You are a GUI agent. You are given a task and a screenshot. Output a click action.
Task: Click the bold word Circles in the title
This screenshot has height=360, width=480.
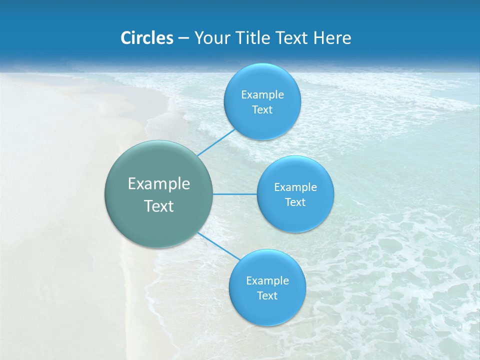[x=146, y=38]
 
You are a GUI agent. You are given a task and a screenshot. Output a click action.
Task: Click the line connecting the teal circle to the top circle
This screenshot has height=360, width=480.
[x=216, y=142]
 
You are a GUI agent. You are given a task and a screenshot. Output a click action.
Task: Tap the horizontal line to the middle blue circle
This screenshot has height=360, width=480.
[x=235, y=194]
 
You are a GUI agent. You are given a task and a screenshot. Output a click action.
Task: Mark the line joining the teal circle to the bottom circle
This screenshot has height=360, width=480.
[x=218, y=245]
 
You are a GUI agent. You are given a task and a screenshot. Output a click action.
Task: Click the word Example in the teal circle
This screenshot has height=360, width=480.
[x=158, y=184]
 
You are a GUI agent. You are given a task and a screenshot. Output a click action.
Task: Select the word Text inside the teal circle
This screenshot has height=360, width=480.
[x=158, y=206]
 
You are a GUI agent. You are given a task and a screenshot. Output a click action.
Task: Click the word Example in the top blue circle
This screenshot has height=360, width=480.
[x=262, y=95]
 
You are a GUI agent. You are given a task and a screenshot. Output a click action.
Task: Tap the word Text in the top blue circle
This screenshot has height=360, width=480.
[x=262, y=110]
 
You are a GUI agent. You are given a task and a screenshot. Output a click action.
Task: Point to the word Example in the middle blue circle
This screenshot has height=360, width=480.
[x=295, y=187]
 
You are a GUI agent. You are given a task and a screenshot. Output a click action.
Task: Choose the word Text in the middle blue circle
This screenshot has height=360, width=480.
[x=295, y=202]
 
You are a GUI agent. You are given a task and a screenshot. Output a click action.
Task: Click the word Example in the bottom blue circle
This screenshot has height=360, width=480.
[x=267, y=281]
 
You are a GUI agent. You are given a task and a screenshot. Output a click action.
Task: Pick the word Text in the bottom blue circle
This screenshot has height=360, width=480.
[x=267, y=296]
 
